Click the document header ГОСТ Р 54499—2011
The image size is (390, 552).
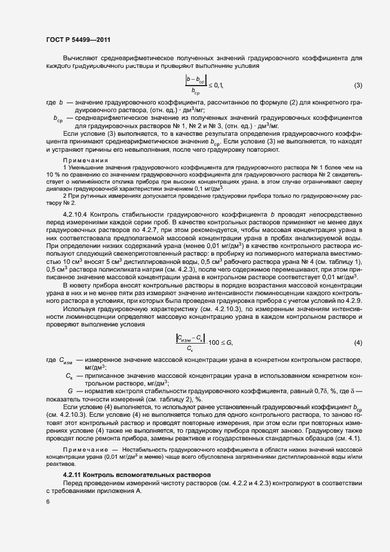pos(78,40)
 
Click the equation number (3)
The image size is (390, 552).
pos(358,86)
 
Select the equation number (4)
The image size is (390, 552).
pos(358,343)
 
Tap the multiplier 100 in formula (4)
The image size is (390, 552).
pos(218,343)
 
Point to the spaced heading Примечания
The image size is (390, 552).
pos(86,160)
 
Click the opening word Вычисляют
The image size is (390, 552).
pos(86,58)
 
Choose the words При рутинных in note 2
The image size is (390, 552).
pos(87,195)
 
